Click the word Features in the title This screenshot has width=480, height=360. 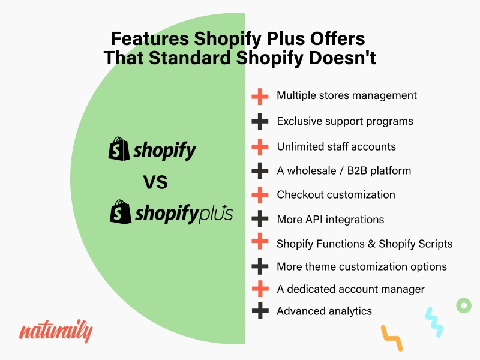pyautogui.click(x=149, y=38)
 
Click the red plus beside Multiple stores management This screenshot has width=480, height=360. pyautogui.click(x=260, y=97)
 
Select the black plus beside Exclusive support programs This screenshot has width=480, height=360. pyautogui.click(x=260, y=121)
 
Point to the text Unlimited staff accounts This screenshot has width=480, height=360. pyautogui.click(x=336, y=146)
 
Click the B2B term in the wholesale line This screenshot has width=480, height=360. pyautogui.click(x=357, y=170)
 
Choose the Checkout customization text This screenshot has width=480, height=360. pyautogui.click(x=336, y=194)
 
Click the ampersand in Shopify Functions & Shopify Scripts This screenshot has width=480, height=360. pyautogui.click(x=371, y=244)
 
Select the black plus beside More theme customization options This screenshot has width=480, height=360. pyautogui.click(x=260, y=266)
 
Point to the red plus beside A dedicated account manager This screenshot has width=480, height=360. pyautogui.click(x=260, y=289)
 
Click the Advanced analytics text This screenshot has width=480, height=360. pyautogui.click(x=324, y=311)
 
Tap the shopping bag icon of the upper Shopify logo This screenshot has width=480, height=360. pyautogui.click(x=119, y=149)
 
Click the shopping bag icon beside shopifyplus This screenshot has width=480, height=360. pyautogui.click(x=121, y=212)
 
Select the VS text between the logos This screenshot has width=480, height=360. pyautogui.click(x=155, y=182)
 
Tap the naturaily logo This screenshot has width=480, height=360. pyautogui.click(x=56, y=331)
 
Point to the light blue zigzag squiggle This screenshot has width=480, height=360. pyautogui.click(x=434, y=322)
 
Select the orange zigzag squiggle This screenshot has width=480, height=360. pyautogui.click(x=392, y=338)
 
